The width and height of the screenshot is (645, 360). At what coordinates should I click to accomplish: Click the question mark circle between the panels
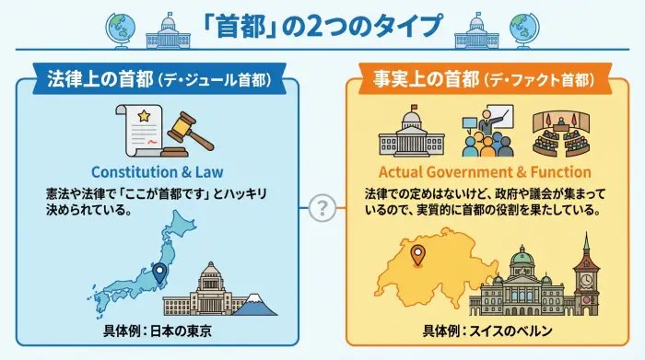click(x=322, y=208)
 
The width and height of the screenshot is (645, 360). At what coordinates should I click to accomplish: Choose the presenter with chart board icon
click(x=486, y=131)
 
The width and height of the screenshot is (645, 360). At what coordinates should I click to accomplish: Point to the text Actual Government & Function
click(x=486, y=171)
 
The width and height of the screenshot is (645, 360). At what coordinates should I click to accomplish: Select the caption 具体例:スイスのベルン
click(x=486, y=331)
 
